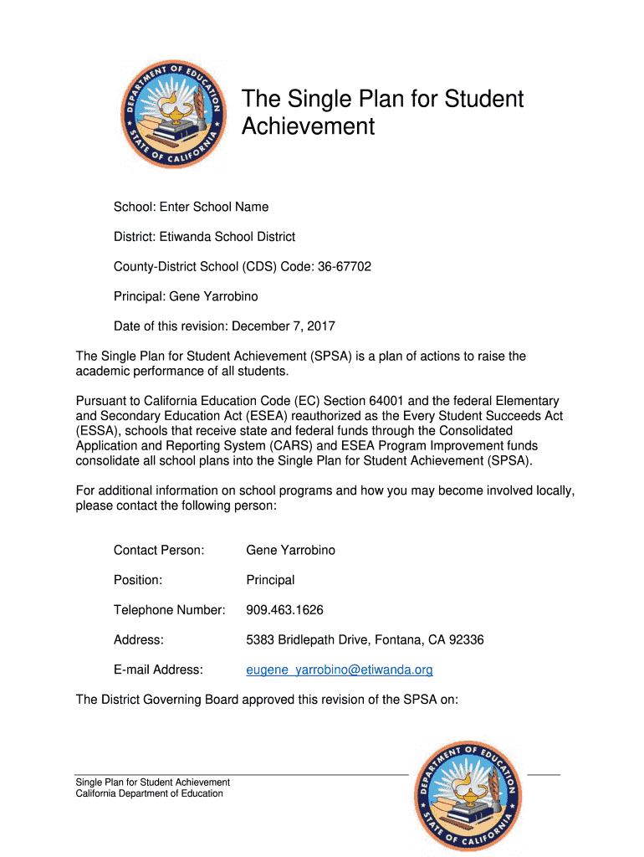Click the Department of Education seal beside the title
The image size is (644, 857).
tap(171, 115)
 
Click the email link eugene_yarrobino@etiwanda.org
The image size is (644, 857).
tap(339, 670)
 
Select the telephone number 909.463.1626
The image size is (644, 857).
tap(284, 610)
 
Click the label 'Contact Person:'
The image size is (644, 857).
tap(159, 550)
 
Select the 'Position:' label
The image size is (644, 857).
tap(138, 580)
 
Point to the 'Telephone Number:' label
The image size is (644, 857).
tap(170, 610)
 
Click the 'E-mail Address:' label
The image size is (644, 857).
tap(158, 670)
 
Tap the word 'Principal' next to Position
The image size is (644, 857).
tap(270, 580)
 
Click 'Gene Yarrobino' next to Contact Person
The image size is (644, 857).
tap(290, 550)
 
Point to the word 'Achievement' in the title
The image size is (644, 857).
tap(308, 126)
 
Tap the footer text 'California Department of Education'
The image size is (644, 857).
tap(149, 793)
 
